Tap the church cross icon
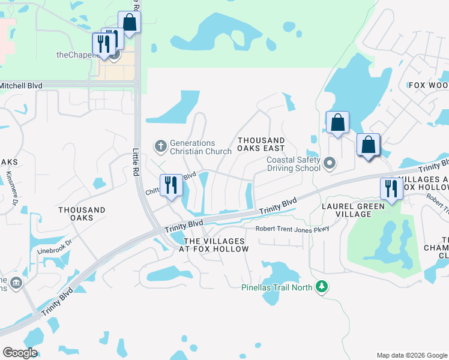(x=160, y=146)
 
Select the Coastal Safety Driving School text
(x=294, y=164)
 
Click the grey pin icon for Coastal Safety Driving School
(x=330, y=163)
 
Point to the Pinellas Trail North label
(x=277, y=287)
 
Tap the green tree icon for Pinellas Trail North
(x=322, y=287)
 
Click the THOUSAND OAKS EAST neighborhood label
(x=261, y=144)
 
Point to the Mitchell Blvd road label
(x=22, y=86)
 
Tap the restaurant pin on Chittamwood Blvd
(x=171, y=185)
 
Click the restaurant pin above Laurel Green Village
(x=391, y=188)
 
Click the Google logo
(x=20, y=352)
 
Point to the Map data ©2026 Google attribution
(x=411, y=355)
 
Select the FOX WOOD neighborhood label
(x=429, y=86)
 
